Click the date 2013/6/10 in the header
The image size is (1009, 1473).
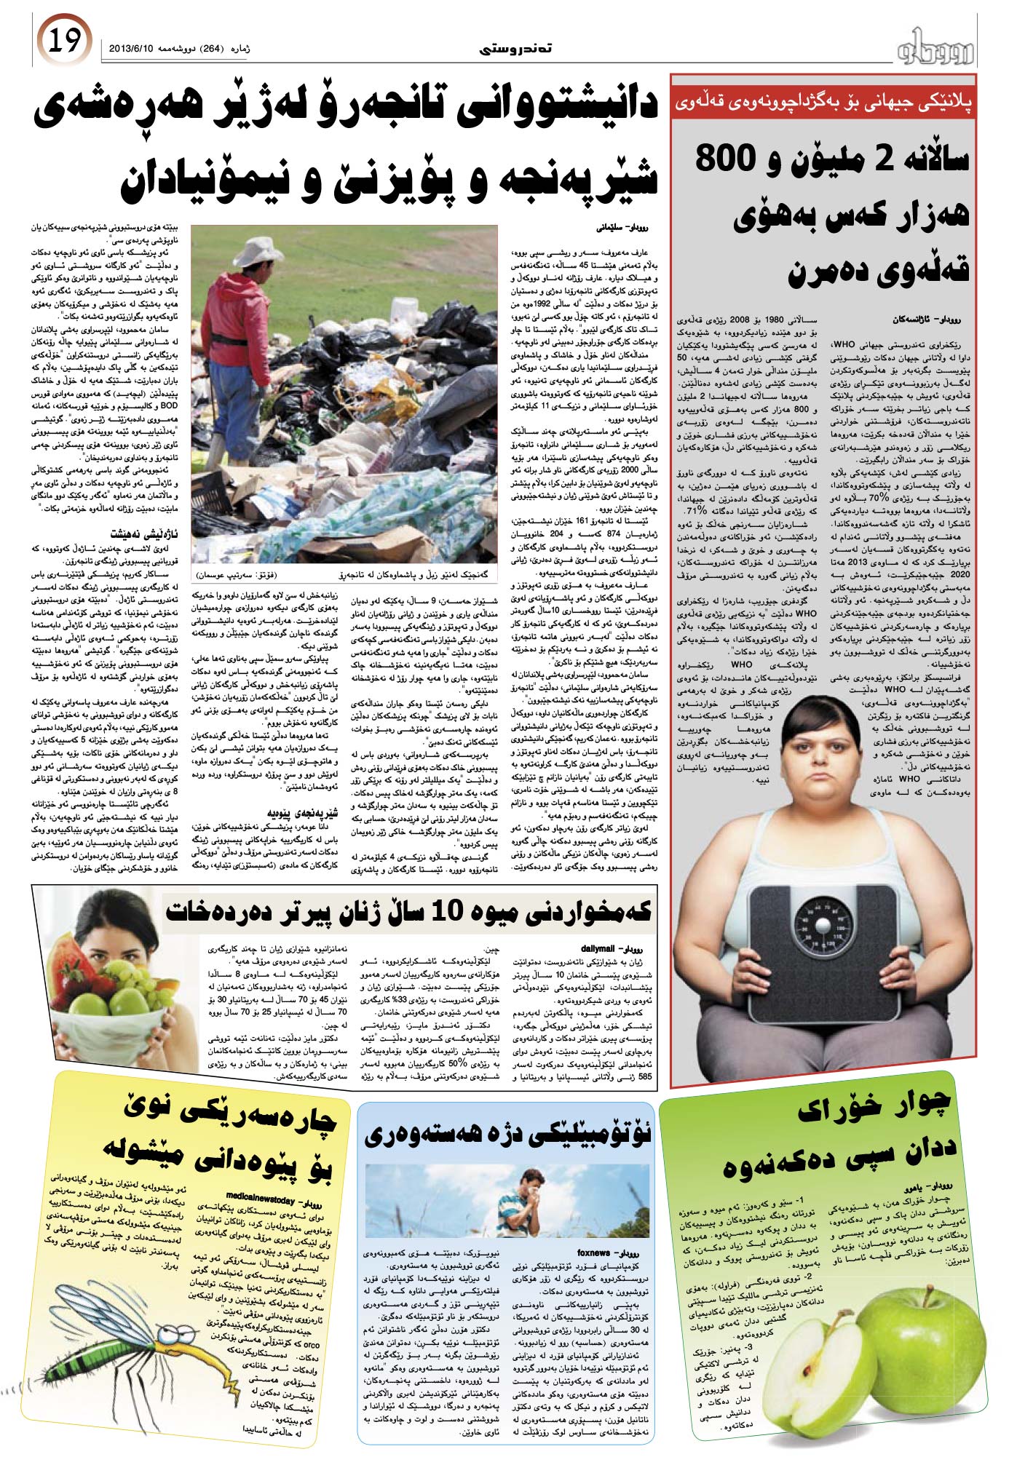pyautogui.click(x=131, y=49)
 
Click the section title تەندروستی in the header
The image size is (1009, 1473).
pyautogui.click(x=516, y=49)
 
